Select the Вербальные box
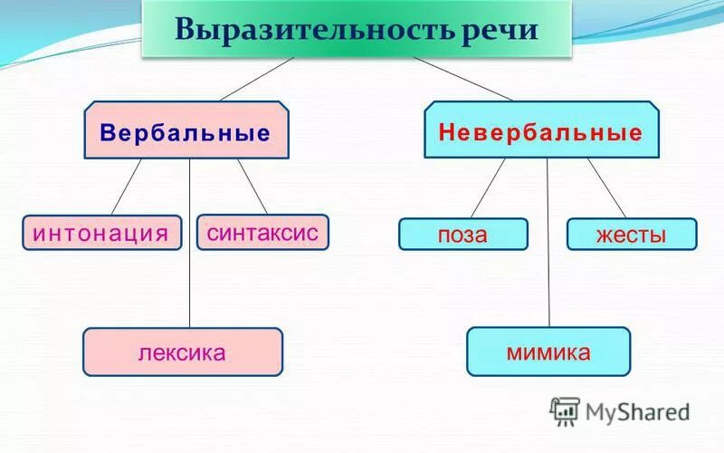186,133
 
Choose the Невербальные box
540,133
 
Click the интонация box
101,233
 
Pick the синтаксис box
262,232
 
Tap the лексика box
182,352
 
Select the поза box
462,235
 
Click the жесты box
631,235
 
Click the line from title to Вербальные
257,78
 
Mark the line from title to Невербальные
462,78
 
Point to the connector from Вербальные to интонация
128,187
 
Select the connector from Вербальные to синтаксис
252,187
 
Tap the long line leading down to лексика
189,245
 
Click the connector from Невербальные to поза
488,188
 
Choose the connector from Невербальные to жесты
606,188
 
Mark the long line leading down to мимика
548,245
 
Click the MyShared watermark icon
565,411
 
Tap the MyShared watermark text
638,413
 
